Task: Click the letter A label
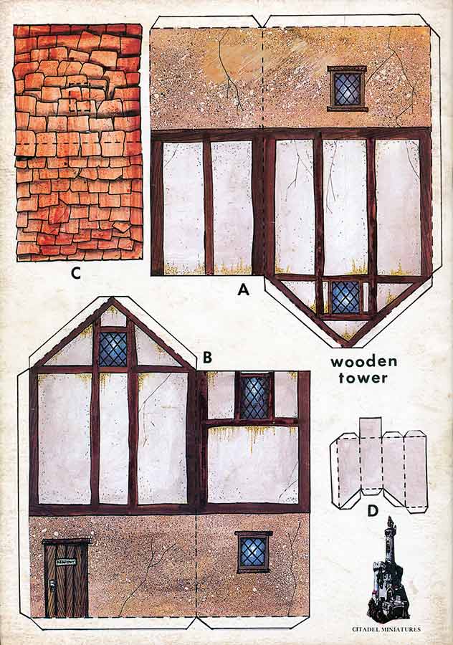tap(243, 290)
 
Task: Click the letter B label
tap(206, 356)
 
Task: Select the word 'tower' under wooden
tap(364, 378)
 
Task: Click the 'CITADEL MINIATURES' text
tap(386, 629)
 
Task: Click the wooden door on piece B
tap(66, 579)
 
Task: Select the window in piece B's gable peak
tap(113, 348)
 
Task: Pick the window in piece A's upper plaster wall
tap(348, 88)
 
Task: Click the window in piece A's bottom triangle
tap(345, 297)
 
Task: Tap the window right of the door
tap(253, 551)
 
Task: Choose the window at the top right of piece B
tap(253, 396)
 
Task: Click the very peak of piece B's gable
tap(112, 301)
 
